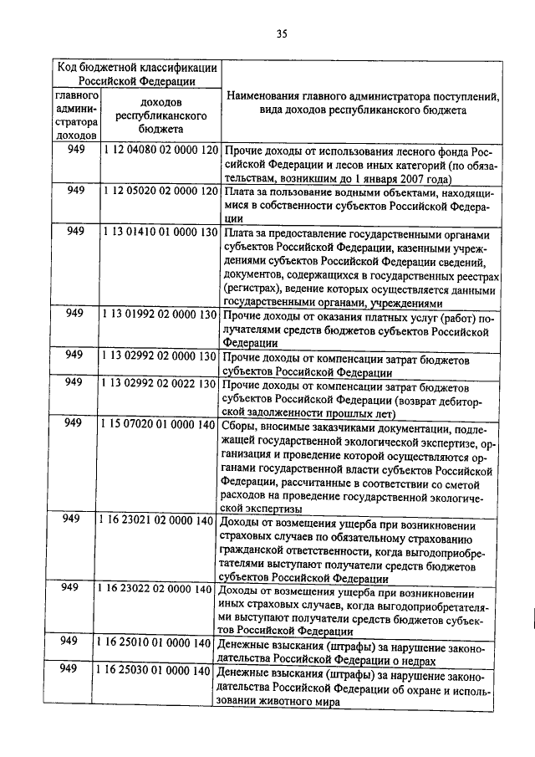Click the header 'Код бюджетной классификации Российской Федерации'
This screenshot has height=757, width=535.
pyautogui.click(x=137, y=74)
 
